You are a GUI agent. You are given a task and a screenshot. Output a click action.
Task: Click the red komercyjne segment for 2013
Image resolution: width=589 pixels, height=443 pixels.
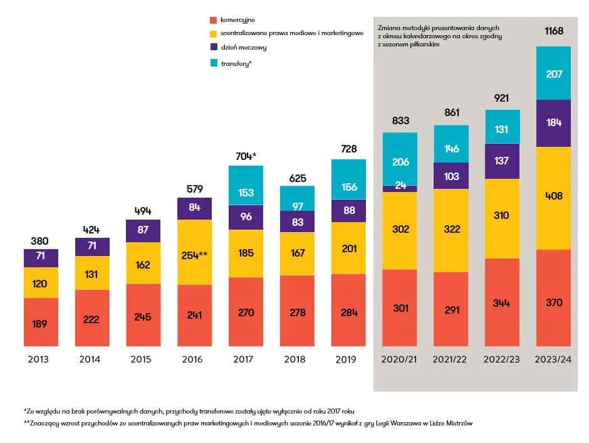(41, 322)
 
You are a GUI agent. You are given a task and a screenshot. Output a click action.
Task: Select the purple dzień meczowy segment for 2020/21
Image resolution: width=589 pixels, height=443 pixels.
(400, 186)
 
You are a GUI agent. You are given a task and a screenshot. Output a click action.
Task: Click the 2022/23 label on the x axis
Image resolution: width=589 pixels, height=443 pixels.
(502, 360)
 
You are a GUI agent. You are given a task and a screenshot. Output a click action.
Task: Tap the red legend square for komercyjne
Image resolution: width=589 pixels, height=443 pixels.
(214, 20)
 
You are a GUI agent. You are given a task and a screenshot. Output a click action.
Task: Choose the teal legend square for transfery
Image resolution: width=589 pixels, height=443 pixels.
(214, 63)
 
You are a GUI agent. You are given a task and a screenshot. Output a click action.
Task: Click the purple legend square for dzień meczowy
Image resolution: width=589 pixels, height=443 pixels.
(214, 47)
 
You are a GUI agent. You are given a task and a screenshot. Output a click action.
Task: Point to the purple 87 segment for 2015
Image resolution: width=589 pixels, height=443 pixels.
(143, 230)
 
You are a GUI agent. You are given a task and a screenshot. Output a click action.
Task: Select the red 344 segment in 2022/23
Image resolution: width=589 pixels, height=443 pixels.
(502, 302)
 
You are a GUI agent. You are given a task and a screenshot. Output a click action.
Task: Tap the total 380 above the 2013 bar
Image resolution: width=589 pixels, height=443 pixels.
(39, 241)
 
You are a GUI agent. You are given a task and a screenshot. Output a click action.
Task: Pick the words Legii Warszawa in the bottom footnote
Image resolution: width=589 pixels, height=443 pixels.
(386, 424)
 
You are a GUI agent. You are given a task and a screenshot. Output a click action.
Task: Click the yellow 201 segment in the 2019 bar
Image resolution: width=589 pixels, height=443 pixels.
(348, 248)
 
